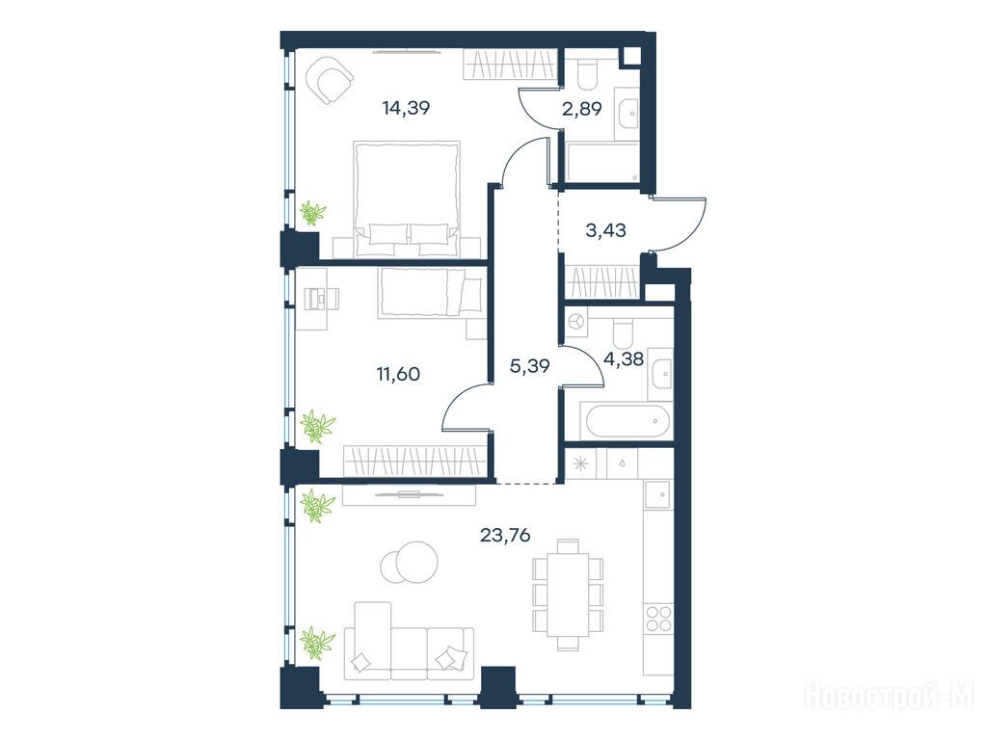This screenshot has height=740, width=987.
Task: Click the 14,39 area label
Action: tap(406, 108)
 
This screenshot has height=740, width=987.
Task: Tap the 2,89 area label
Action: tap(581, 108)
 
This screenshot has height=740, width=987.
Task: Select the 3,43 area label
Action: tap(605, 230)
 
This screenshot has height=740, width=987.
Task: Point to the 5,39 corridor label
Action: tap(529, 365)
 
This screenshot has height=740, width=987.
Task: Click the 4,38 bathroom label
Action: tap(624, 359)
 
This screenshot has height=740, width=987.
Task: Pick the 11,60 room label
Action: tap(398, 374)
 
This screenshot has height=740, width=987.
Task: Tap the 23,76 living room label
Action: tap(505, 536)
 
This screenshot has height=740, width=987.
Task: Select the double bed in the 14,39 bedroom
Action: tap(407, 198)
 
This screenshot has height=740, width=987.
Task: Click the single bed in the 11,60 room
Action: tap(431, 293)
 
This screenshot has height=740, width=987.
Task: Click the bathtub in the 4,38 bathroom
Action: tap(627, 421)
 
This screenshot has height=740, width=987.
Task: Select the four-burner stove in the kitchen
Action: tap(658, 618)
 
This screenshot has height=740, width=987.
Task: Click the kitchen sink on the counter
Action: tap(658, 494)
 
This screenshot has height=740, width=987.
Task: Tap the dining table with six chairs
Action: tap(568, 595)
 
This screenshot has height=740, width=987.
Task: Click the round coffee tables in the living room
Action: tap(409, 562)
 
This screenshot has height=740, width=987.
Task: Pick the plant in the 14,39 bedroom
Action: tap(311, 213)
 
